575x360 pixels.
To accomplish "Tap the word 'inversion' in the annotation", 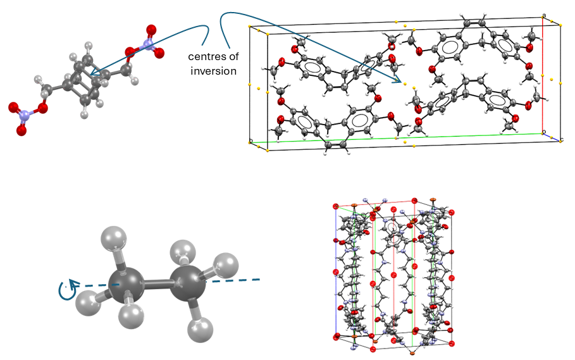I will pyautogui.click(x=213, y=71).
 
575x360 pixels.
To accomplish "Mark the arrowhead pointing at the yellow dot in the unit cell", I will pyautogui.click(x=395, y=80).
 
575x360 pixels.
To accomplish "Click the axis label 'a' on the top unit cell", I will pyautogui.click(x=544, y=15).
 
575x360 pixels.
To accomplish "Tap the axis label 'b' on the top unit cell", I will pyautogui.click(x=251, y=140).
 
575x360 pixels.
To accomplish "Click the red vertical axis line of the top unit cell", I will pyautogui.click(x=543, y=76).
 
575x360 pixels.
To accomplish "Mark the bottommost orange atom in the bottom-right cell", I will pyautogui.click(x=411, y=349).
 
